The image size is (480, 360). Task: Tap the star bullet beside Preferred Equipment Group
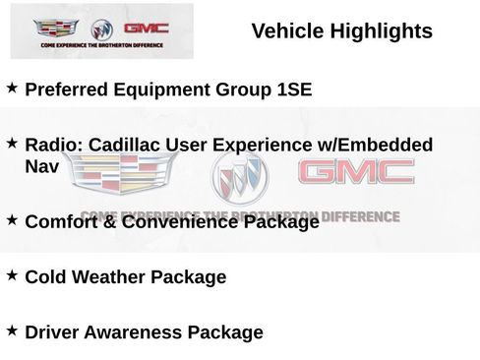(12, 89)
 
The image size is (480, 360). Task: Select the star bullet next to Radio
(12, 144)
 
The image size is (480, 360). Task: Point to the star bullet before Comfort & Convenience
(12, 220)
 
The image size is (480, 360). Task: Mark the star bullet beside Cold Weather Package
(12, 275)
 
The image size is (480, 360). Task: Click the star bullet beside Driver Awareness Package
(12, 330)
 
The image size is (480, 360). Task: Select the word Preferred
(67, 90)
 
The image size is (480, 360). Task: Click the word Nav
(42, 167)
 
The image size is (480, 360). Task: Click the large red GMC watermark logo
(355, 174)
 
